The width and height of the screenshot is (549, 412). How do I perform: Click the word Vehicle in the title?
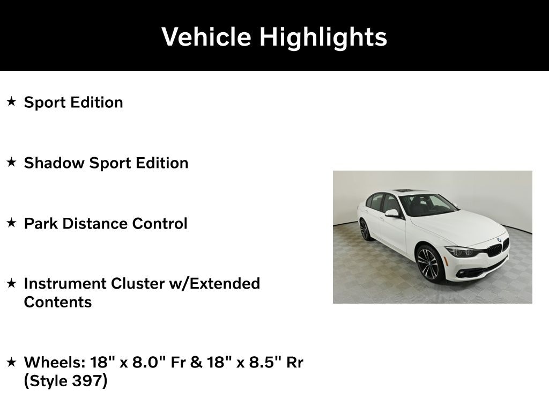(206, 36)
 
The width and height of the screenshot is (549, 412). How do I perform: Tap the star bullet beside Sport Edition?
(12, 102)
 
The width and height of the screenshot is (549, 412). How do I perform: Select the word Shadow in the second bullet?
(54, 163)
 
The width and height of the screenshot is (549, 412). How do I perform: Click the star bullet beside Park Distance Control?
(12, 223)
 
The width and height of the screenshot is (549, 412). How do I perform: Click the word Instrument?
(65, 284)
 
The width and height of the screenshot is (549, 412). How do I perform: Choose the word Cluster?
(138, 284)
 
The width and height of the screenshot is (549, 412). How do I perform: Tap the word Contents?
(58, 303)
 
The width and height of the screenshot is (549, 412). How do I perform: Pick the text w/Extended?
(214, 284)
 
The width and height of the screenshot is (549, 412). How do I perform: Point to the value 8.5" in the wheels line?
(265, 362)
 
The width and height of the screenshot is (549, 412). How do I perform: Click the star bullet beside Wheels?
(12, 362)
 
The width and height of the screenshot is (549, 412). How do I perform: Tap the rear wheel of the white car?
(365, 230)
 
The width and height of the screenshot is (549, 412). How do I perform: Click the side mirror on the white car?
(392, 213)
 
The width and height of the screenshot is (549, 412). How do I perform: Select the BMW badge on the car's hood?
(499, 240)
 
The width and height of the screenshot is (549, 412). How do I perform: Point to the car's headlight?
(461, 252)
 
